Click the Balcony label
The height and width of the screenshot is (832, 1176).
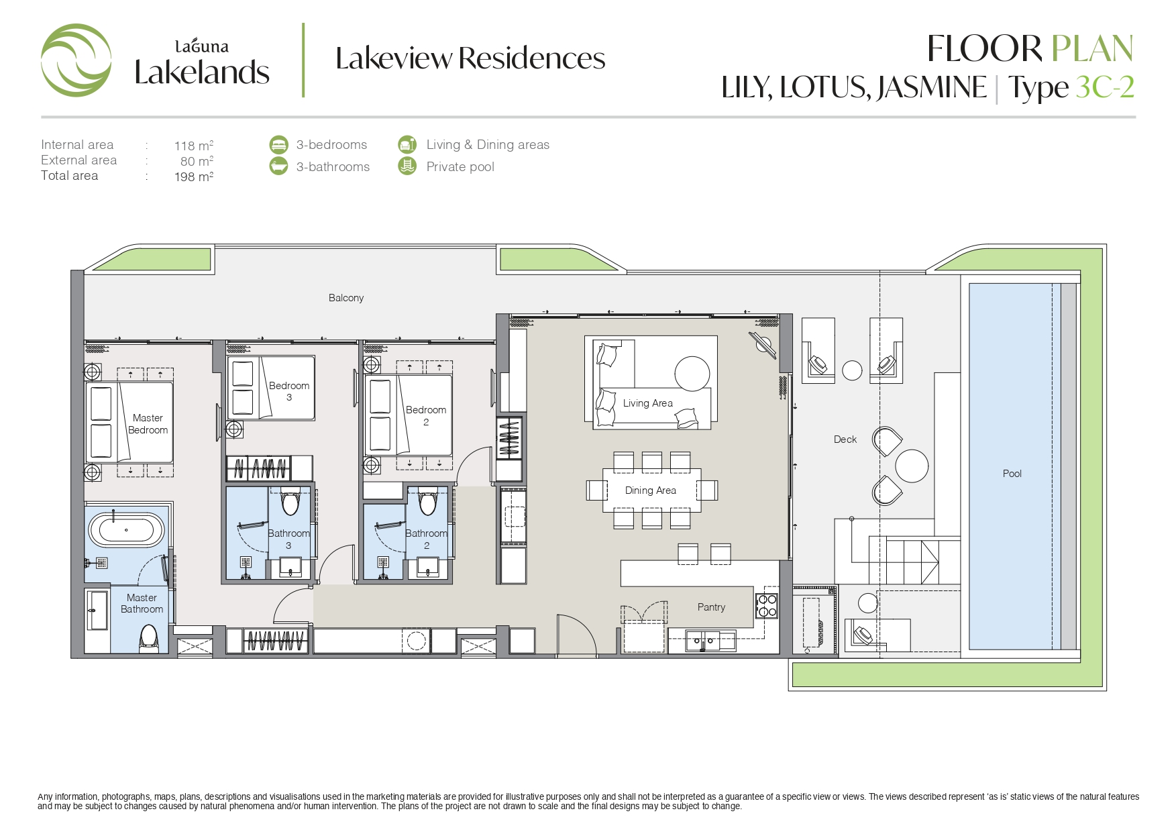pos(346,298)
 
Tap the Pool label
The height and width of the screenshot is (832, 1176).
pos(1012,474)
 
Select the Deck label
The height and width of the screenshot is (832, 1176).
pos(845,439)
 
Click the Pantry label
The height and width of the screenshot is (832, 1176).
pos(711,607)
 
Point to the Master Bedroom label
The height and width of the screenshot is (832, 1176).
pos(148,424)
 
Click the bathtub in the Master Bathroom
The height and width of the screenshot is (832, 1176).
pos(126,530)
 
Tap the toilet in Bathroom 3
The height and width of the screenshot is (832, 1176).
pos(290,501)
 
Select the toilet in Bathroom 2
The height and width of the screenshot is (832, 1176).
pos(427,501)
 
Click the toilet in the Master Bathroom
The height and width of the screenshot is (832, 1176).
pos(148,638)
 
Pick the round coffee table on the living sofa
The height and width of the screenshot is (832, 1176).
pos(692,373)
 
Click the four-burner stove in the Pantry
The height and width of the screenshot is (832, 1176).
pos(767,606)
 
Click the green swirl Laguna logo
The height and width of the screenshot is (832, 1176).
pos(76,60)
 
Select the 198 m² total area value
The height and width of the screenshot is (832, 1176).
pos(194,176)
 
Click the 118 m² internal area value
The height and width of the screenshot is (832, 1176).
pos(194,146)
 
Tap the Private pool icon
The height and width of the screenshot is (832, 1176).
pos(407,166)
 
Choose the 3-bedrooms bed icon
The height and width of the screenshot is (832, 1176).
pos(278,145)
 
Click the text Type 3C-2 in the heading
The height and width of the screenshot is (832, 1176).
pos(1071,88)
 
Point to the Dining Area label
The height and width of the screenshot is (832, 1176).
pos(651,490)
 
